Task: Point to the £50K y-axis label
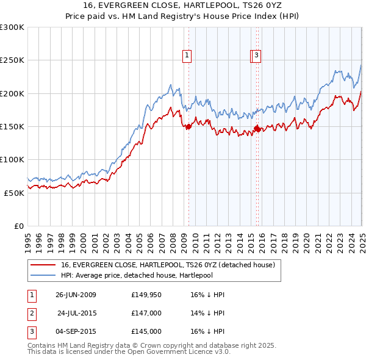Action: point(13,192)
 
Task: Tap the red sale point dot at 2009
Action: point(188,127)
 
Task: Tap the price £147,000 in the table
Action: point(146,313)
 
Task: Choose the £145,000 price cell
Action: point(146,331)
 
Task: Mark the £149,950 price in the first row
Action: point(146,295)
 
